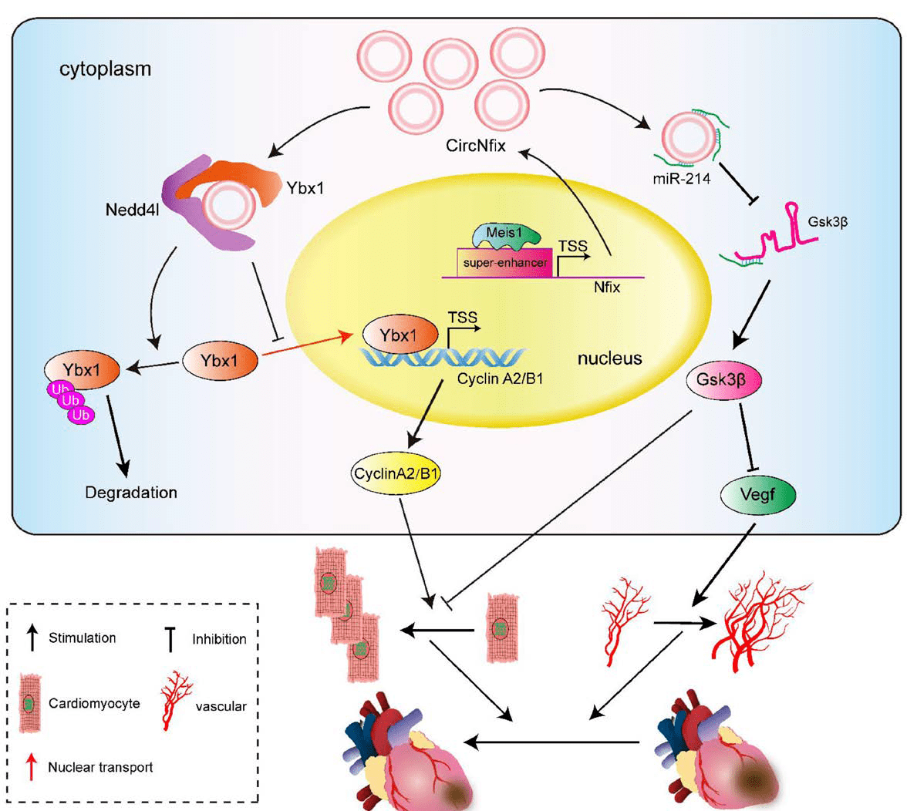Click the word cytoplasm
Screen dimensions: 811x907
click(106, 69)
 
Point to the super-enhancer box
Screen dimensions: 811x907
click(505, 263)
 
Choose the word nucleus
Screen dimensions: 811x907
click(609, 358)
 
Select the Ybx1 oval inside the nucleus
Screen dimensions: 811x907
click(400, 335)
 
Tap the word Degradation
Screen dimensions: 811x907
click(131, 492)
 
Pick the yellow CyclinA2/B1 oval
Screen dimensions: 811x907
click(396, 474)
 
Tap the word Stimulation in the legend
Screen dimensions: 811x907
click(82, 638)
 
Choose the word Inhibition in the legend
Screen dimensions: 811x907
click(219, 639)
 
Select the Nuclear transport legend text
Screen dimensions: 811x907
click(100, 767)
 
